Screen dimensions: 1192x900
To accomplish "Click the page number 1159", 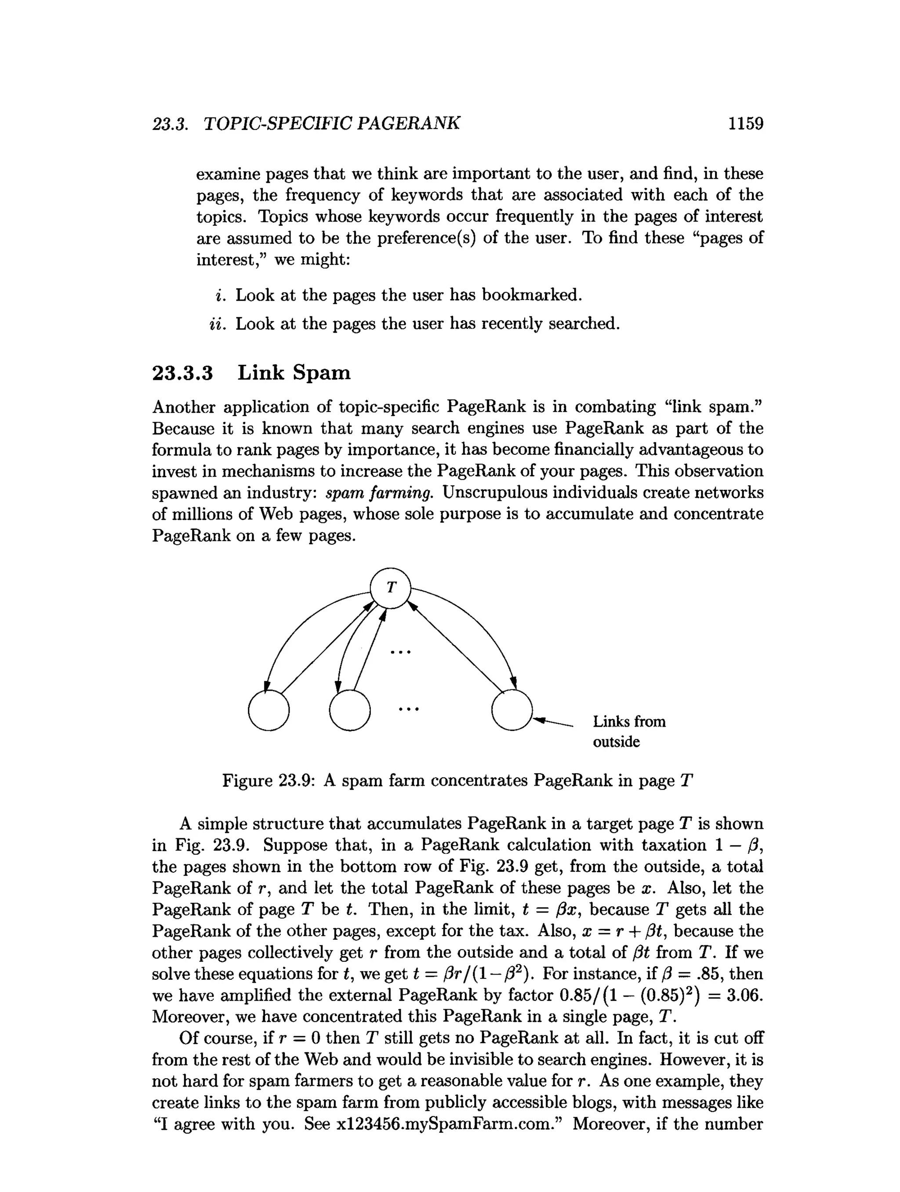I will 745,124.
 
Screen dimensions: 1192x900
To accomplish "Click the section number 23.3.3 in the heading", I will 183,373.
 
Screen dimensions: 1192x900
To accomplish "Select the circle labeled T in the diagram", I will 391,588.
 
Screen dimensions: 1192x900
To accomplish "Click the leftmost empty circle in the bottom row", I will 269,710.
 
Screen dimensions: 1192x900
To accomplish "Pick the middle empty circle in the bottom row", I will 350,710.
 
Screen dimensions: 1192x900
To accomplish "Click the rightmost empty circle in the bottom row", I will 512,710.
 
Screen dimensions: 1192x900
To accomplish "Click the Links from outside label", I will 628,731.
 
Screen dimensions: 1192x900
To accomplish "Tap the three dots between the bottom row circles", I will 409,709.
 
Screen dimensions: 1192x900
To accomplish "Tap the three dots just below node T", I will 400,652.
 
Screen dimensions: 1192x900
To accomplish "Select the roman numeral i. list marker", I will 219,295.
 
